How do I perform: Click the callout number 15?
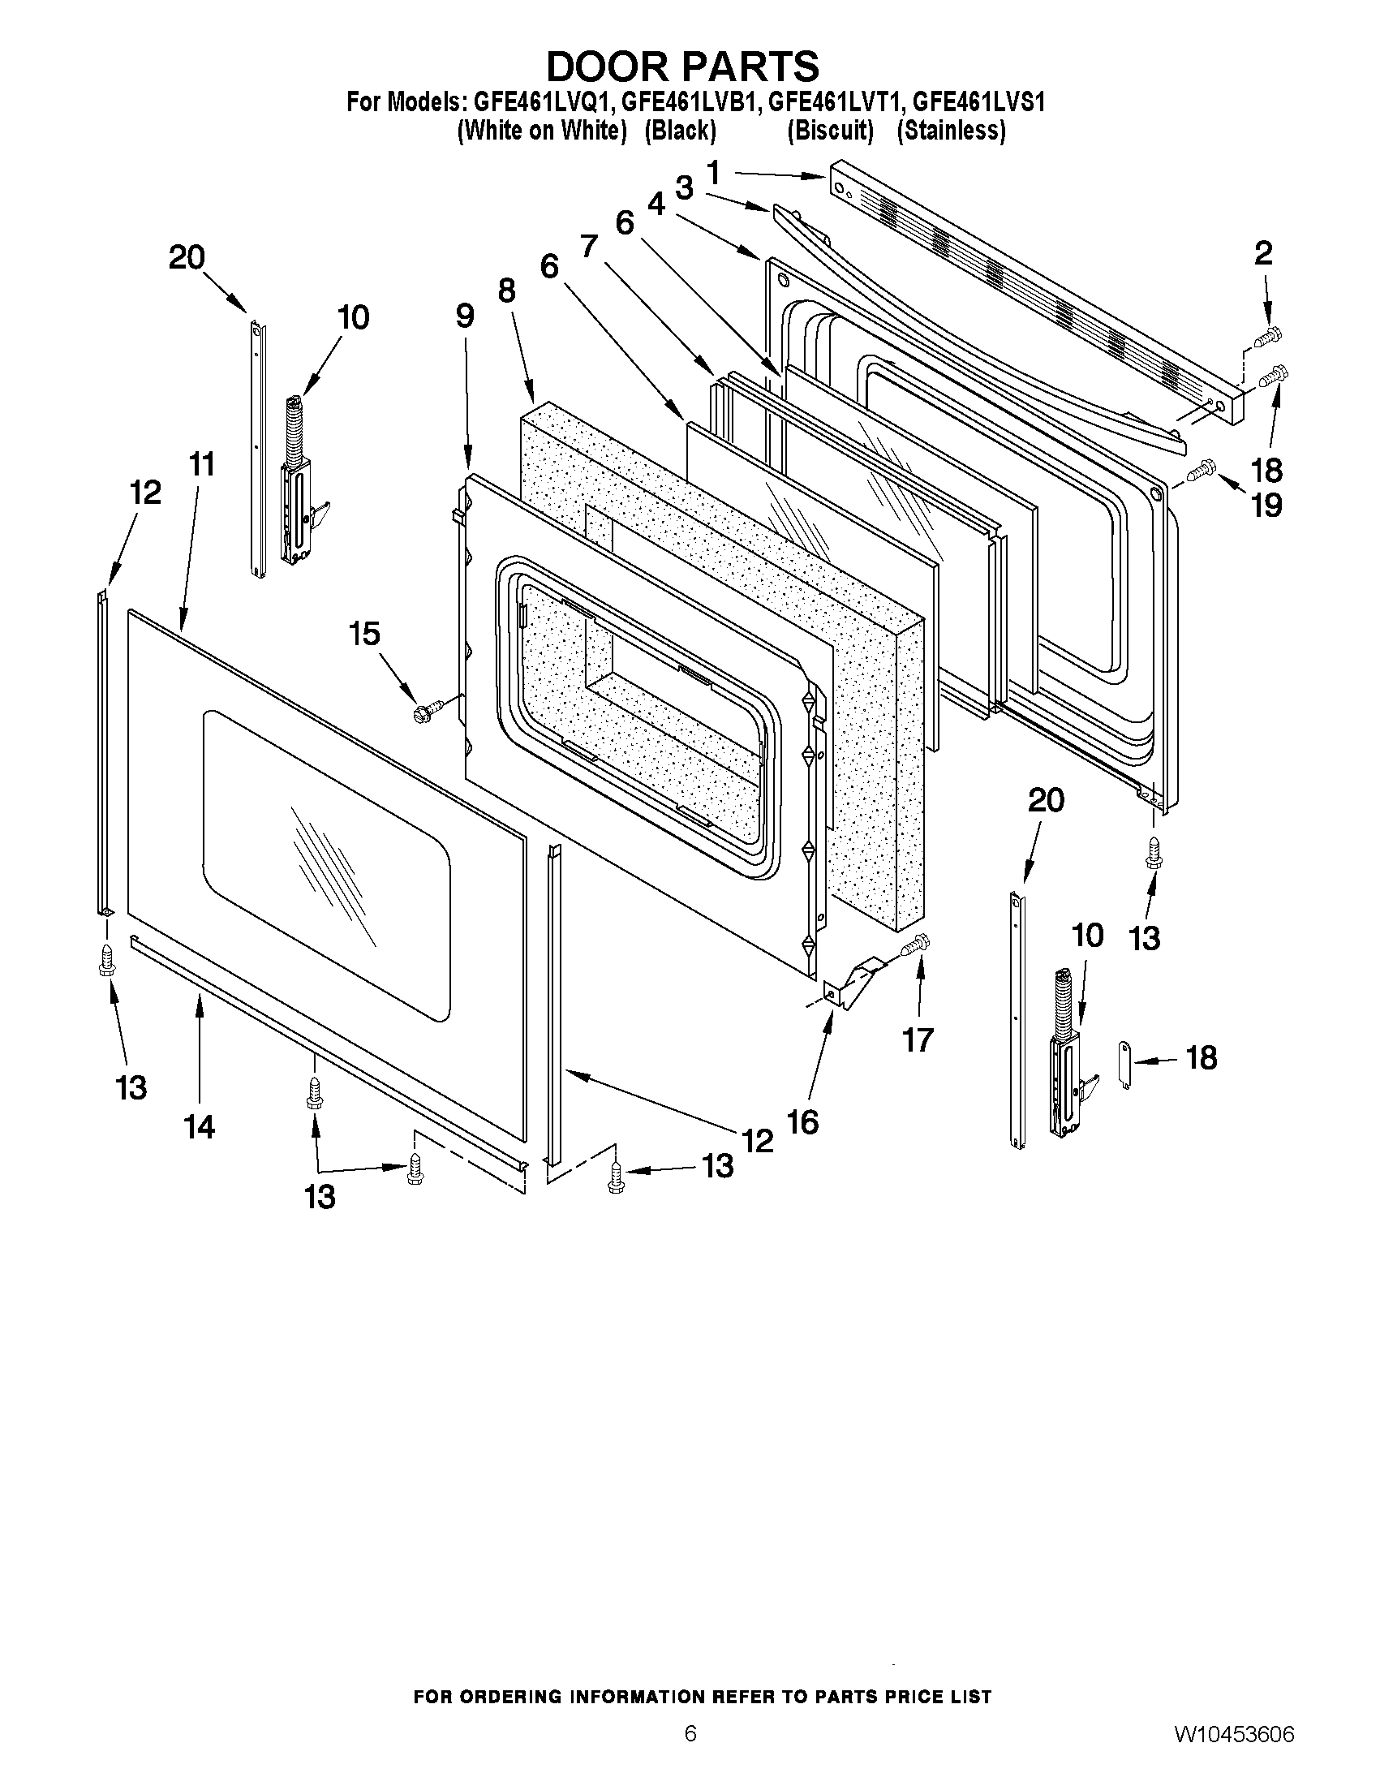(364, 634)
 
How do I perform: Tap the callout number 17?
(918, 1040)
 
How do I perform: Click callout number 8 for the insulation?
(507, 290)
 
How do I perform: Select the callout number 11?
(201, 464)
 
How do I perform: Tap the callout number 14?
(200, 1127)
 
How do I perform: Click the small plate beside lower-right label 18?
(1125, 1064)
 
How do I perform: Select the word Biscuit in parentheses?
(830, 131)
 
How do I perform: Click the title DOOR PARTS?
(681, 66)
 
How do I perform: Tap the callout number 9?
(464, 316)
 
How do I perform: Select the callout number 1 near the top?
(713, 174)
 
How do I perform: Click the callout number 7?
(589, 245)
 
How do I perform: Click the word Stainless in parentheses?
(951, 131)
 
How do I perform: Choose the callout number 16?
(802, 1122)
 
